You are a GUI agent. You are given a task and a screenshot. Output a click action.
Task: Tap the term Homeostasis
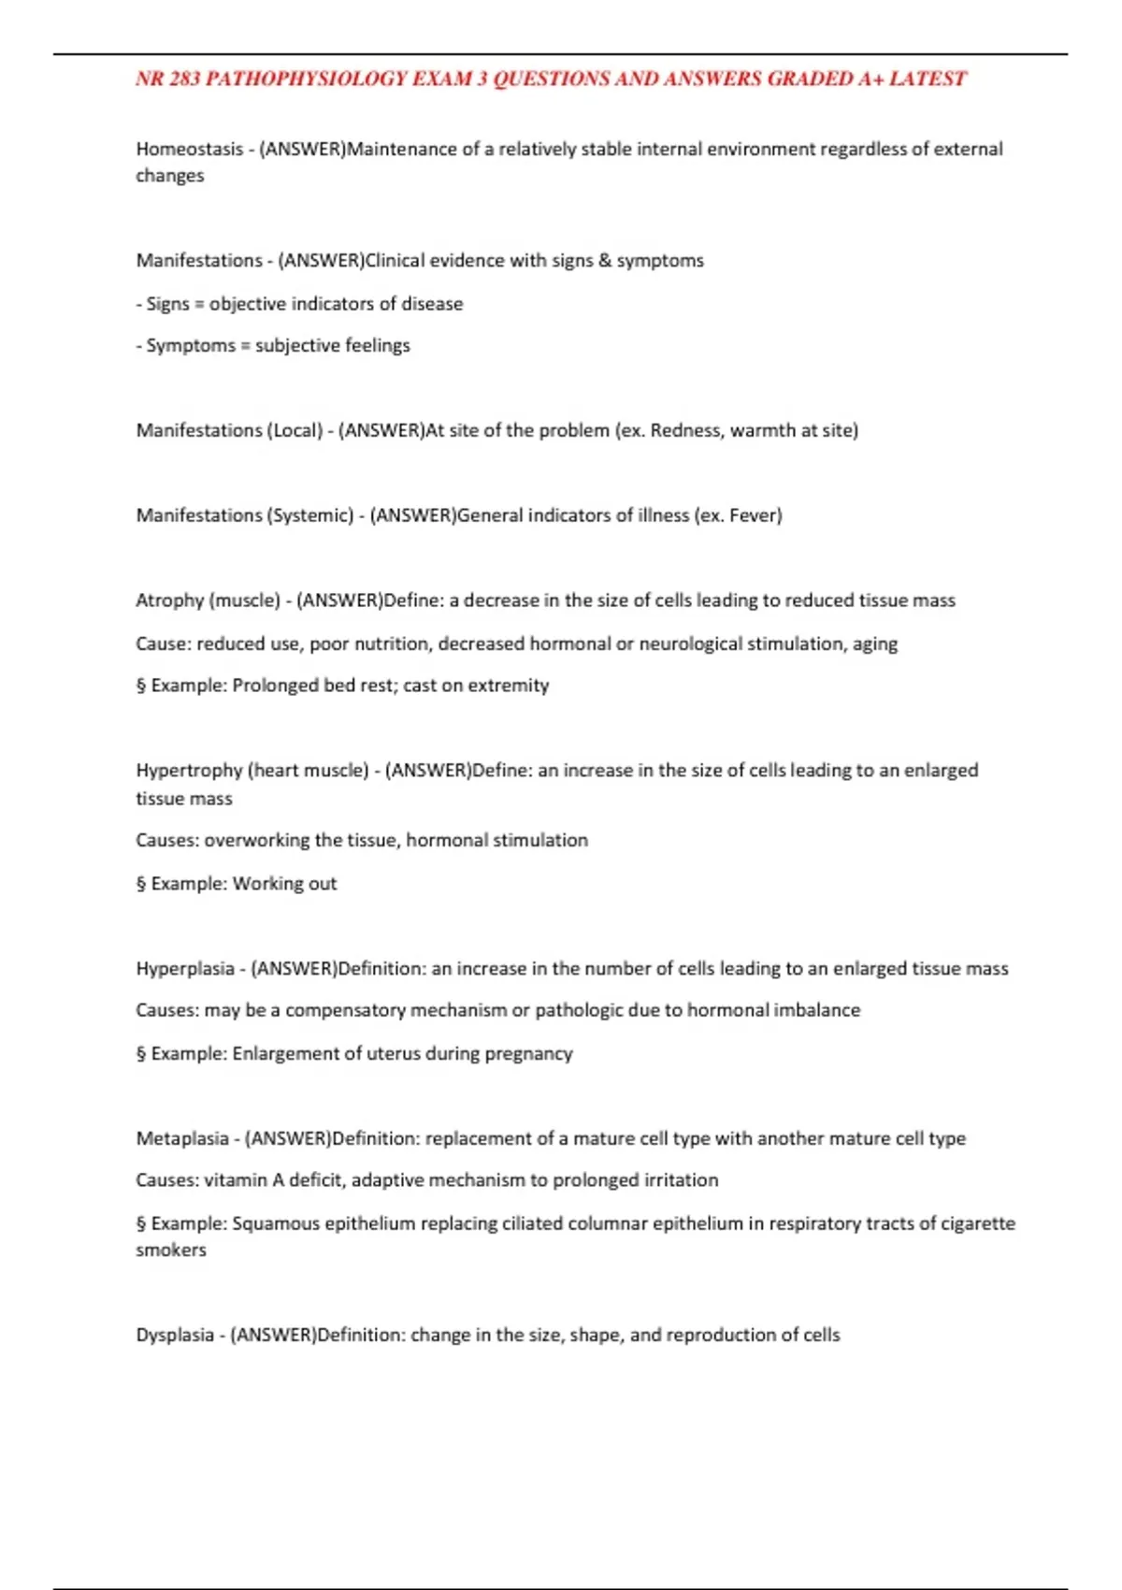(189, 149)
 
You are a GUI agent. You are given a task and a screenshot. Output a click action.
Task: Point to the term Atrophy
(169, 600)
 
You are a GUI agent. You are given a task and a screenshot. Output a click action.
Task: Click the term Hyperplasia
(184, 969)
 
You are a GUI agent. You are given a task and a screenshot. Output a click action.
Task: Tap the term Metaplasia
(181, 1138)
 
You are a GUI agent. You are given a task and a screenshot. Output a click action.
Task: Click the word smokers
(170, 1250)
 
